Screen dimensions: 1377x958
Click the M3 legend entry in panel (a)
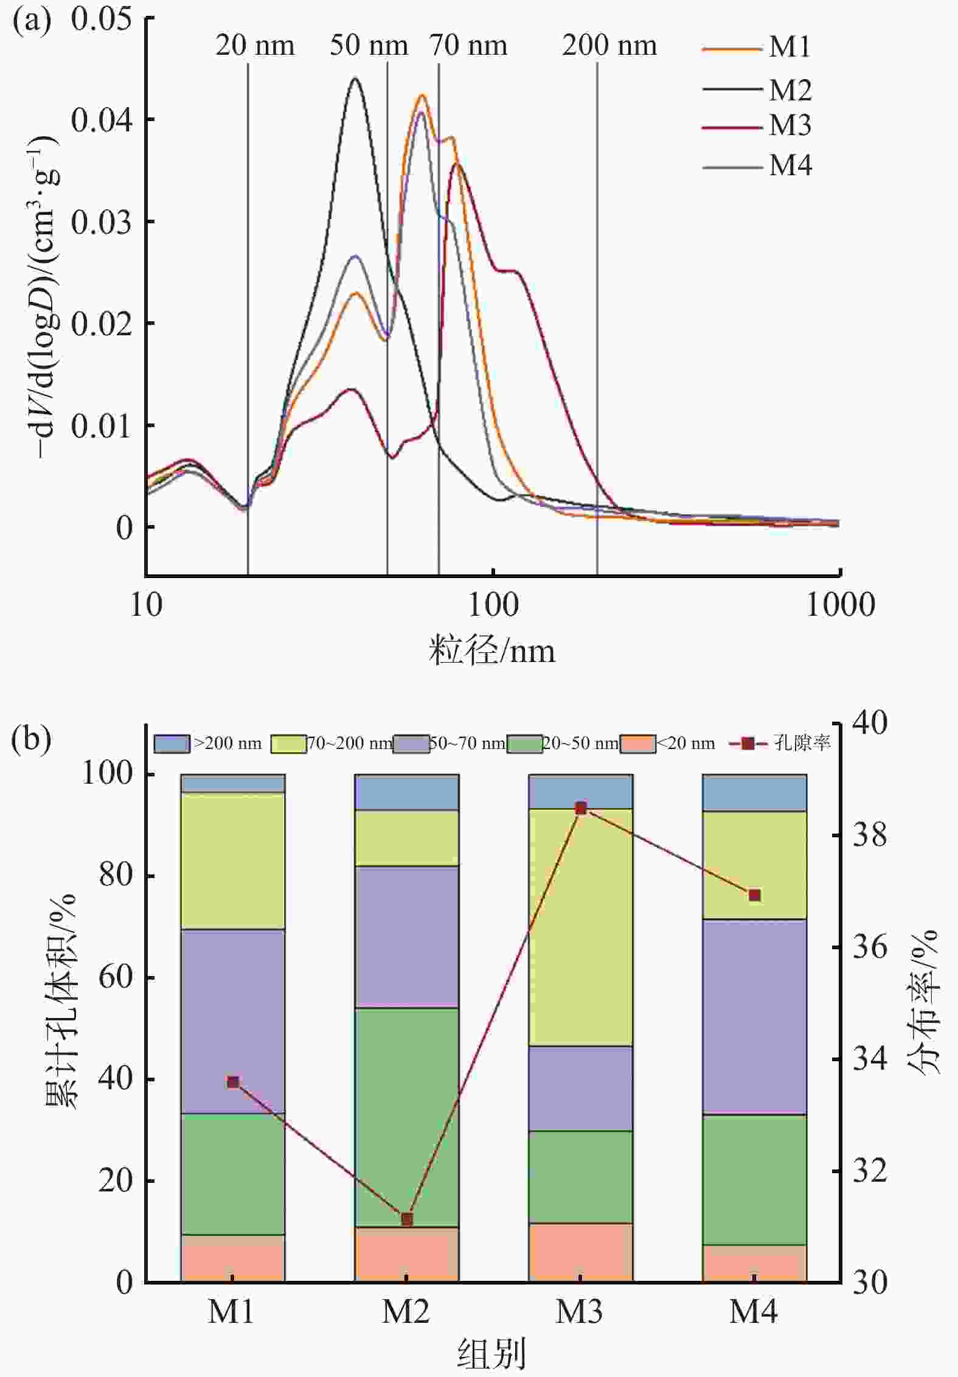[x=790, y=125]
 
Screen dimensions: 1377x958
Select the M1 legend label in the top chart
[x=790, y=47]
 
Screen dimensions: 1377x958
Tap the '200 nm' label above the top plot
[x=609, y=46]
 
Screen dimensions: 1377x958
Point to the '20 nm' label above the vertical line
[x=255, y=46]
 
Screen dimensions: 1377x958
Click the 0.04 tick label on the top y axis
[x=101, y=120]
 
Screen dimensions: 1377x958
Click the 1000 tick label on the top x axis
[x=840, y=605]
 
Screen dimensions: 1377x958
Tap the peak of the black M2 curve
[x=355, y=79]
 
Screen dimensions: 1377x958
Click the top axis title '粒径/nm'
[x=492, y=650]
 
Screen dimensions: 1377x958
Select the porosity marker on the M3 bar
[x=581, y=809]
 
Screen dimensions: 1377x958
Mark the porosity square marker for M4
[x=755, y=895]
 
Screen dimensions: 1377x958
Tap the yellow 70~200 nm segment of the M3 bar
[x=581, y=928]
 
